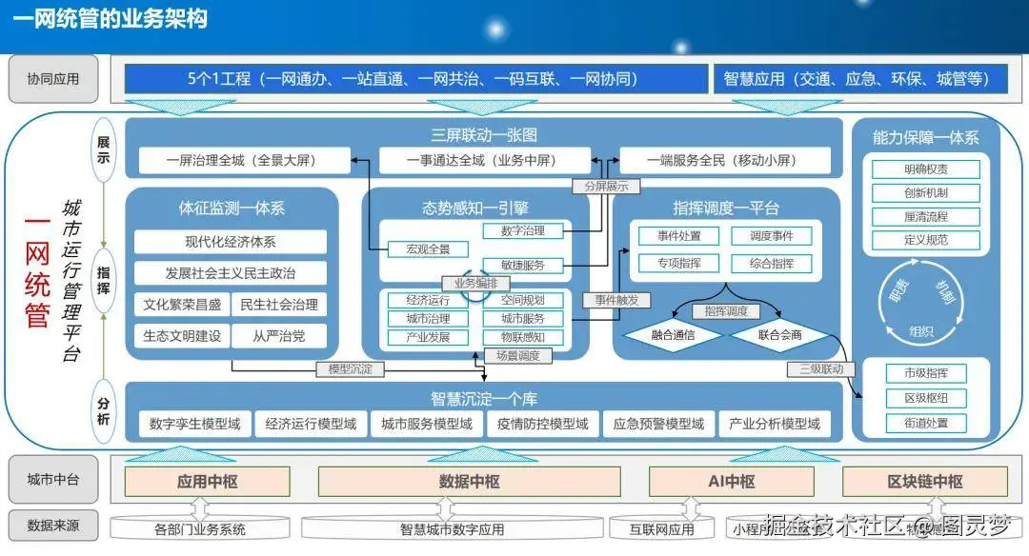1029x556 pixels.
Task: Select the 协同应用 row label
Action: click(53, 79)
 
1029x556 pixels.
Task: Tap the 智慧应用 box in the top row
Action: click(860, 79)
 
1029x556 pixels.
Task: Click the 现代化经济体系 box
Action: click(231, 242)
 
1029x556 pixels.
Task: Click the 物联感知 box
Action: click(523, 337)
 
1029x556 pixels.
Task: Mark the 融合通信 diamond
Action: click(673, 334)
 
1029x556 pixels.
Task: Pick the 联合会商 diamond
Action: click(780, 334)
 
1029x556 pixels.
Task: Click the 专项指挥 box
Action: click(678, 263)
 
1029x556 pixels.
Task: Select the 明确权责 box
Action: click(925, 169)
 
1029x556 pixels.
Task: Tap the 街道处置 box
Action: click(925, 423)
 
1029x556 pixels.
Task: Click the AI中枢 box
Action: click(732, 482)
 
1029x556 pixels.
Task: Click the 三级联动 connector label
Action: click(820, 368)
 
